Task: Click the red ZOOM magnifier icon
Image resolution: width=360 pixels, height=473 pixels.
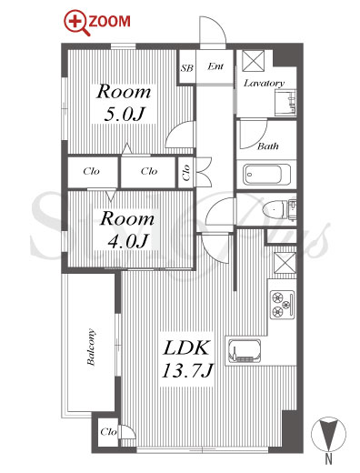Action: [x=76, y=24]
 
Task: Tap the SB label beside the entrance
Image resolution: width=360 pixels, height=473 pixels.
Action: [x=186, y=68]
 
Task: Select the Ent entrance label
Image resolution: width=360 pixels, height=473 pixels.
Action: [x=215, y=66]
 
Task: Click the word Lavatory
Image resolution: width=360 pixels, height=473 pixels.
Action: [x=265, y=83]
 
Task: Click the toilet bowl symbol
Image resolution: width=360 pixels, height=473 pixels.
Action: [x=275, y=209]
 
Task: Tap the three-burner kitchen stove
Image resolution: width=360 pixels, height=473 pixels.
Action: [x=282, y=304]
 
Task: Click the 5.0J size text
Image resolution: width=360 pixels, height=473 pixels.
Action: [x=124, y=115]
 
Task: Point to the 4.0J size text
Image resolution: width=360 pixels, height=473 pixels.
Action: [x=127, y=241]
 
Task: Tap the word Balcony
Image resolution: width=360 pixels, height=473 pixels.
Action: [x=91, y=347]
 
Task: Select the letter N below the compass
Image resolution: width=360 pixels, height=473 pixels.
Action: [x=329, y=459]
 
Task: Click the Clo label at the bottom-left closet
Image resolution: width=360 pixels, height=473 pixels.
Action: [x=108, y=431]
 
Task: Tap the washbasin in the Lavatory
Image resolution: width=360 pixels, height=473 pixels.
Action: [x=285, y=103]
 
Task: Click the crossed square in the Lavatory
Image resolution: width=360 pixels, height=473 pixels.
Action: [x=253, y=61]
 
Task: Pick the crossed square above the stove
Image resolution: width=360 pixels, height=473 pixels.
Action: [x=285, y=263]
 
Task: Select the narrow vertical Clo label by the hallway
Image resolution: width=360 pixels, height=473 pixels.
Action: [x=186, y=172]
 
